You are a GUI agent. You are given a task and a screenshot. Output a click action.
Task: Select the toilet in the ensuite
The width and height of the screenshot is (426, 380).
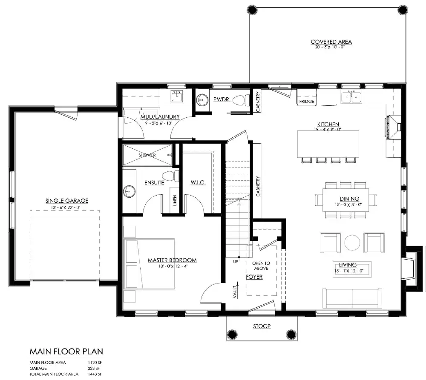coord(171,175)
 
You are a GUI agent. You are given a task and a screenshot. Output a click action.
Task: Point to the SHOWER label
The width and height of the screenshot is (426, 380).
coord(147,155)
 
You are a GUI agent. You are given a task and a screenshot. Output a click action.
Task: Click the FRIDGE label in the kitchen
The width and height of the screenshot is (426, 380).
coord(307,102)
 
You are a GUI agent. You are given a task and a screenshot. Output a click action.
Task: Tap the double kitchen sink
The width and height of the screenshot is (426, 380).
coord(352,97)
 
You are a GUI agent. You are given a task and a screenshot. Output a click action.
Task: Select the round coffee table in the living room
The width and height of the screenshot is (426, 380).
coord(352,242)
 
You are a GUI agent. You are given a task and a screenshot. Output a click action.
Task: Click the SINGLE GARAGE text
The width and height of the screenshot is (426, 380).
coord(67,201)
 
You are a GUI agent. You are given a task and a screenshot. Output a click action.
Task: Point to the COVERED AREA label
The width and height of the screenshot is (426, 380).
coord(331,42)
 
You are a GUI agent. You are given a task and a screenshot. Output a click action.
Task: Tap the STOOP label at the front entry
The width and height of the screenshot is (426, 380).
coord(262,326)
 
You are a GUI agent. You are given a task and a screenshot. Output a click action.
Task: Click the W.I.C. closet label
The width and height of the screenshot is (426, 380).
coord(198,182)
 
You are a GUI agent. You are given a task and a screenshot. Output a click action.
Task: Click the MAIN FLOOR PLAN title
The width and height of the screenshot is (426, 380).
coord(66,352)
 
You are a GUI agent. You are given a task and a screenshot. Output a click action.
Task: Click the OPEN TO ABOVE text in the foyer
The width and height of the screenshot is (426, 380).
coord(261,266)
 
